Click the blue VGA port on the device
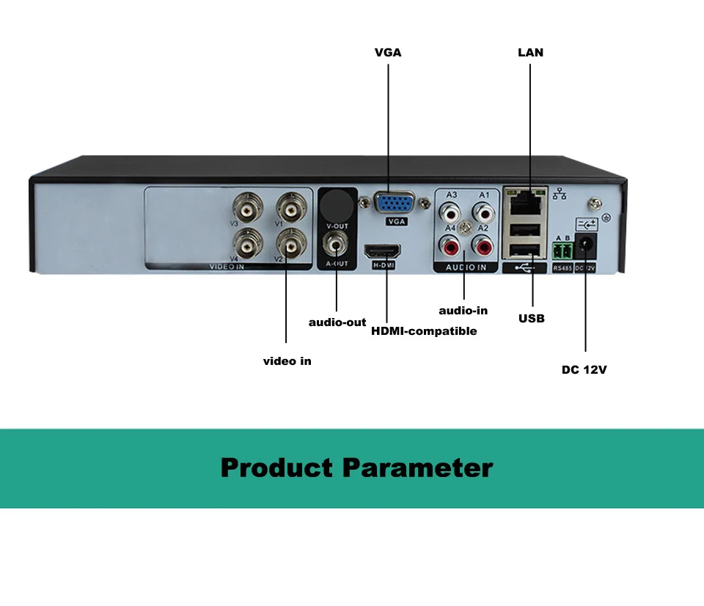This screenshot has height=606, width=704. (x=396, y=202)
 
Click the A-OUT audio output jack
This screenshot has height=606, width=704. (x=337, y=243)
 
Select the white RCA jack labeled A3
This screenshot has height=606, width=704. (x=449, y=213)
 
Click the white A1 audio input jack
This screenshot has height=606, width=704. (x=483, y=213)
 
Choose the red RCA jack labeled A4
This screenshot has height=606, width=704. (x=449, y=245)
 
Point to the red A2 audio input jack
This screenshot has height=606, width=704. (x=483, y=245)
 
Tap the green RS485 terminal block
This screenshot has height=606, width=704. (x=562, y=251)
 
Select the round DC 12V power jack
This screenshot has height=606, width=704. (x=586, y=247)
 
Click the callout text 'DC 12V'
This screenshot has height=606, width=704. (x=584, y=369)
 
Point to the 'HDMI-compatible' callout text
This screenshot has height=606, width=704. (x=424, y=331)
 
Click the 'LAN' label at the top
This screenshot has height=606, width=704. (x=530, y=53)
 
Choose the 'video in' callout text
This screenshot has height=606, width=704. (x=287, y=361)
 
